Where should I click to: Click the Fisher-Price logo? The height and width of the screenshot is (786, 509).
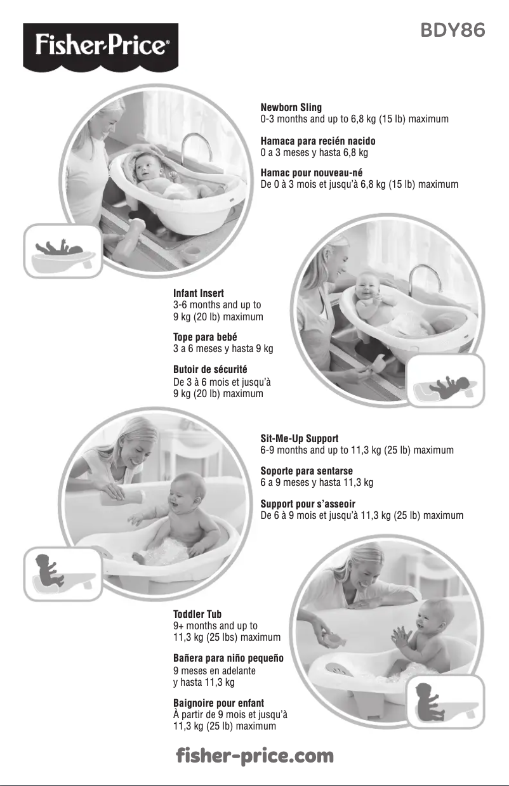pyautogui.click(x=101, y=47)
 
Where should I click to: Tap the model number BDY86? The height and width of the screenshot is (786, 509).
pyautogui.click(x=453, y=30)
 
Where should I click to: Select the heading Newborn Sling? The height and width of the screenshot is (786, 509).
pyautogui.click(x=291, y=107)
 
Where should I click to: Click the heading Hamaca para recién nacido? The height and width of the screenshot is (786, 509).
pyautogui.click(x=318, y=141)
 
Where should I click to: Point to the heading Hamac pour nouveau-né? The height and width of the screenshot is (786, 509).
pyautogui.click(x=312, y=173)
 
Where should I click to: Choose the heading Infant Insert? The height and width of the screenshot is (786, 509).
pyautogui.click(x=199, y=293)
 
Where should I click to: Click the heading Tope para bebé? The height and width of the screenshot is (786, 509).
pyautogui.click(x=205, y=337)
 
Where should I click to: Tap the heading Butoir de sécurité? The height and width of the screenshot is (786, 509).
pyautogui.click(x=210, y=369)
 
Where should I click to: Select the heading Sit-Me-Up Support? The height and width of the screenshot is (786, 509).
pyautogui.click(x=300, y=438)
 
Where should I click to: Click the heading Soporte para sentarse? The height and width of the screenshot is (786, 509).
pyautogui.click(x=307, y=471)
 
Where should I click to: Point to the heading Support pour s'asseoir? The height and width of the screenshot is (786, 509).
pyautogui.click(x=308, y=504)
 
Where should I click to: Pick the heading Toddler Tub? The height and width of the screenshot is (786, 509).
pyautogui.click(x=197, y=614)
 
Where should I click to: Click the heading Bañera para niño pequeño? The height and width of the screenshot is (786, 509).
pyautogui.click(x=228, y=658)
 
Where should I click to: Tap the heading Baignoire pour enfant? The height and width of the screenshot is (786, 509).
pyautogui.click(x=218, y=703)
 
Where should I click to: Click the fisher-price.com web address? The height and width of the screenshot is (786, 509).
pyautogui.click(x=255, y=756)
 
